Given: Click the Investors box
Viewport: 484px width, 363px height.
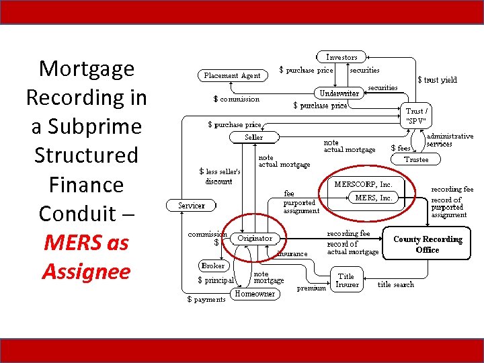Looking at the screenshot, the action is coord(341,57).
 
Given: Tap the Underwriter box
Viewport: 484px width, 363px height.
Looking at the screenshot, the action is coord(339,93).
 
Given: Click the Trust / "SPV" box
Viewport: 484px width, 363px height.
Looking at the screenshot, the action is coord(417,116).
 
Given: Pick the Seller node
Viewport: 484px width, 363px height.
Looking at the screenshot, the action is coord(254,137).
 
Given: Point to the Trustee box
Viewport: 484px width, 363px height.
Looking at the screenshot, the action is coord(416,159).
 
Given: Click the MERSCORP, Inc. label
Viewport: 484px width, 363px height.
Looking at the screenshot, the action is coord(363,184).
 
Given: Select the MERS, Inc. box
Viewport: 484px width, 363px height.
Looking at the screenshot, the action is coord(373,198).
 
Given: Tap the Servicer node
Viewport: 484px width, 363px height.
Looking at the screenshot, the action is coord(192,205).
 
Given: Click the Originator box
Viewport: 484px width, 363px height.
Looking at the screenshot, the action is coord(256,238).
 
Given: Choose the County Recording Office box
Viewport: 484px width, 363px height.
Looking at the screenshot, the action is coord(428,244).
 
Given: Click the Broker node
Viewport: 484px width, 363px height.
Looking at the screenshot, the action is coord(213,266).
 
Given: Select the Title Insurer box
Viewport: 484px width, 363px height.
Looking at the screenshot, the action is coord(346,280).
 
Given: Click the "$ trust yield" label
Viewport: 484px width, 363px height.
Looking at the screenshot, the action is coord(437,80).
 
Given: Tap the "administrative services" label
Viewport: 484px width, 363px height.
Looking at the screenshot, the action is coord(450,140).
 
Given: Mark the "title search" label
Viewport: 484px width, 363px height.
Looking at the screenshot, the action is coord(396,284).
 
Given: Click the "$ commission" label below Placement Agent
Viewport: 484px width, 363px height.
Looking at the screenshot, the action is coord(236,99).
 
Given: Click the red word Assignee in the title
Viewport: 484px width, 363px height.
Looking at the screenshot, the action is coord(86,272).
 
